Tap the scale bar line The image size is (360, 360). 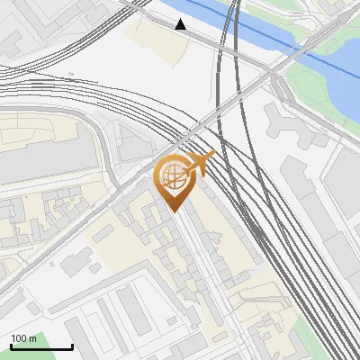41,347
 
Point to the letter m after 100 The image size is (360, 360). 32,338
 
